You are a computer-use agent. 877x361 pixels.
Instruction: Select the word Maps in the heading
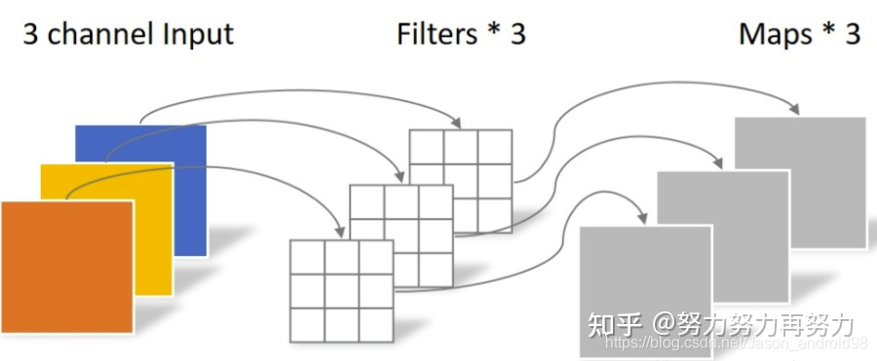pyautogui.click(x=776, y=34)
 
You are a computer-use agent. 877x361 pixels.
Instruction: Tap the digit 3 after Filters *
pyautogui.click(x=516, y=34)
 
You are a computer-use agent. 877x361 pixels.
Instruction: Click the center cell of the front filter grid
pyautogui.click(x=341, y=289)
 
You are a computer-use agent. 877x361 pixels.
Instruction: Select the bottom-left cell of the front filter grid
pyautogui.click(x=307, y=322)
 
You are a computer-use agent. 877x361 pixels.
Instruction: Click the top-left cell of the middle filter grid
pyautogui.click(x=366, y=201)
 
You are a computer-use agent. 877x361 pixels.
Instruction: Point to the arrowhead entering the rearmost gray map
pyautogui.click(x=810, y=111)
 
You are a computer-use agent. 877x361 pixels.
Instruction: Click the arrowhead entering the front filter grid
pyautogui.click(x=340, y=233)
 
